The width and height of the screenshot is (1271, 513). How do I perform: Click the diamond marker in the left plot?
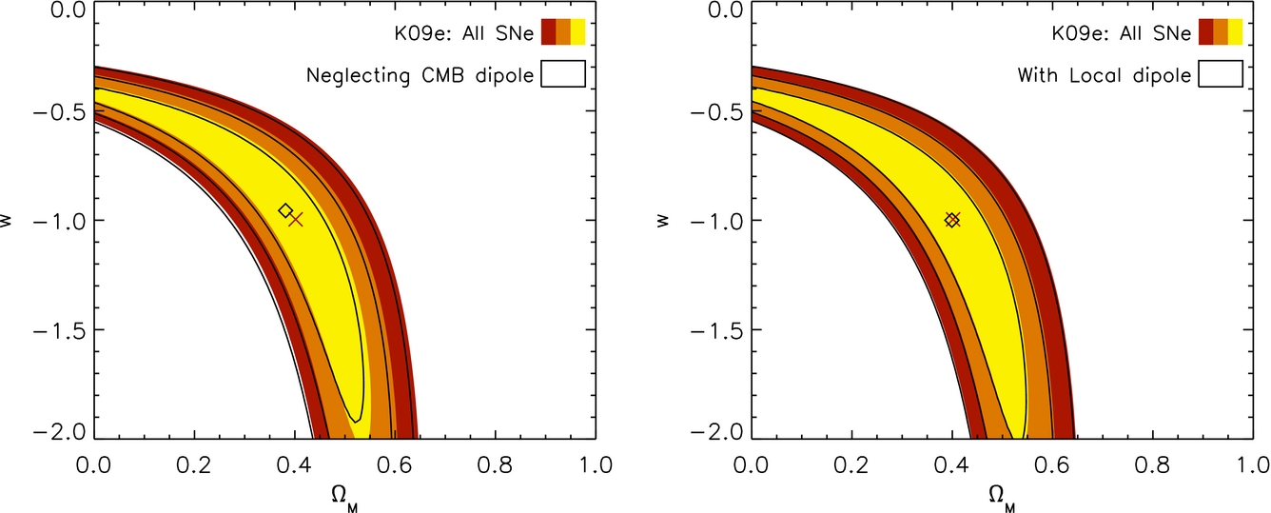click(285, 210)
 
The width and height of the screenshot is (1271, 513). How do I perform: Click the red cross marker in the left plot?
click(296, 220)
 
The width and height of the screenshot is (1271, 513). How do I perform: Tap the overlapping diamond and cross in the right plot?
click(952, 220)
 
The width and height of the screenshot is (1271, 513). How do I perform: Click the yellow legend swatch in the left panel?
click(577, 31)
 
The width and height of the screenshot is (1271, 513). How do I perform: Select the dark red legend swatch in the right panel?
click(1205, 31)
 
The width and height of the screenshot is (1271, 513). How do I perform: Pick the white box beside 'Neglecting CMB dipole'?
click(563, 74)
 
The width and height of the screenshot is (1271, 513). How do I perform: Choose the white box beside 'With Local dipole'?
click(1221, 74)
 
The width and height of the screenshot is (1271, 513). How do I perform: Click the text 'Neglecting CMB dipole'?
click(420, 75)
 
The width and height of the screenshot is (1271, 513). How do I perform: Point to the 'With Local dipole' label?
click(1105, 75)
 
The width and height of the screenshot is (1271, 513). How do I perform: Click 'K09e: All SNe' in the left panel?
click(464, 34)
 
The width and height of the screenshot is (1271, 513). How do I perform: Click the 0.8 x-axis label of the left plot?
click(495, 465)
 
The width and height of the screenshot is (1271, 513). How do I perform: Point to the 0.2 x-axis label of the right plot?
click(851, 465)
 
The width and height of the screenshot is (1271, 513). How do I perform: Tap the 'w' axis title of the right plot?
click(662, 220)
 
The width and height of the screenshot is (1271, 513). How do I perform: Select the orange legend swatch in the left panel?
click(563, 31)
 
